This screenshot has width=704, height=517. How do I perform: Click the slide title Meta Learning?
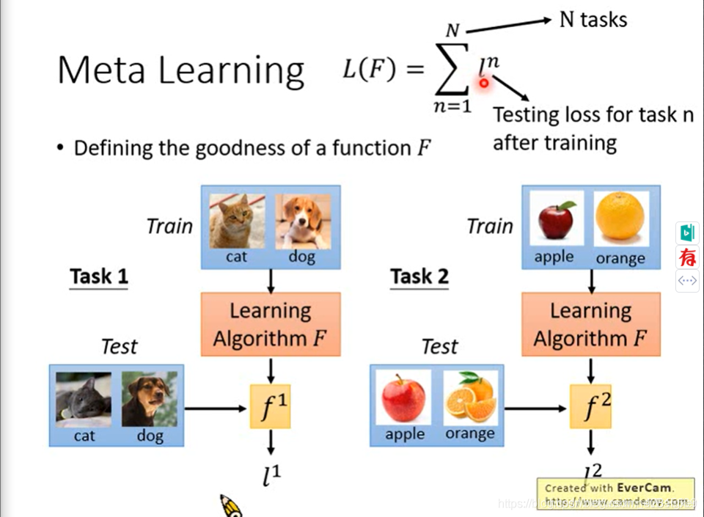click(x=180, y=70)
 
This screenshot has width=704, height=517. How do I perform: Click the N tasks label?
click(x=593, y=19)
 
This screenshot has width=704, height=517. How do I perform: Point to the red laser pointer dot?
click(x=484, y=84)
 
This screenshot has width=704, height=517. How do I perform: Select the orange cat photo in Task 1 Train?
click(x=237, y=221)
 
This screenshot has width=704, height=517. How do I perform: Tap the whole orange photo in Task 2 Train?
click(x=620, y=218)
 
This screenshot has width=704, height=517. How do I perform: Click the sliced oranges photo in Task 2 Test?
click(x=471, y=397)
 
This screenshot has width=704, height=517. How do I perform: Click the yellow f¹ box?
click(x=271, y=406)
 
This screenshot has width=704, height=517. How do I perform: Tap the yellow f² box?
click(x=590, y=406)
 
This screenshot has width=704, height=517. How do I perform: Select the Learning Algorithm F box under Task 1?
click(x=271, y=324)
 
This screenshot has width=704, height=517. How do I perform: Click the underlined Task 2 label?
click(x=419, y=276)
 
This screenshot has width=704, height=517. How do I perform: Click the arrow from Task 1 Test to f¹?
click(x=216, y=406)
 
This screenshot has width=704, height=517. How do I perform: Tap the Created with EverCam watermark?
click(x=615, y=488)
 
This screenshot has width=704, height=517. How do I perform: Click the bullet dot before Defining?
click(x=62, y=148)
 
